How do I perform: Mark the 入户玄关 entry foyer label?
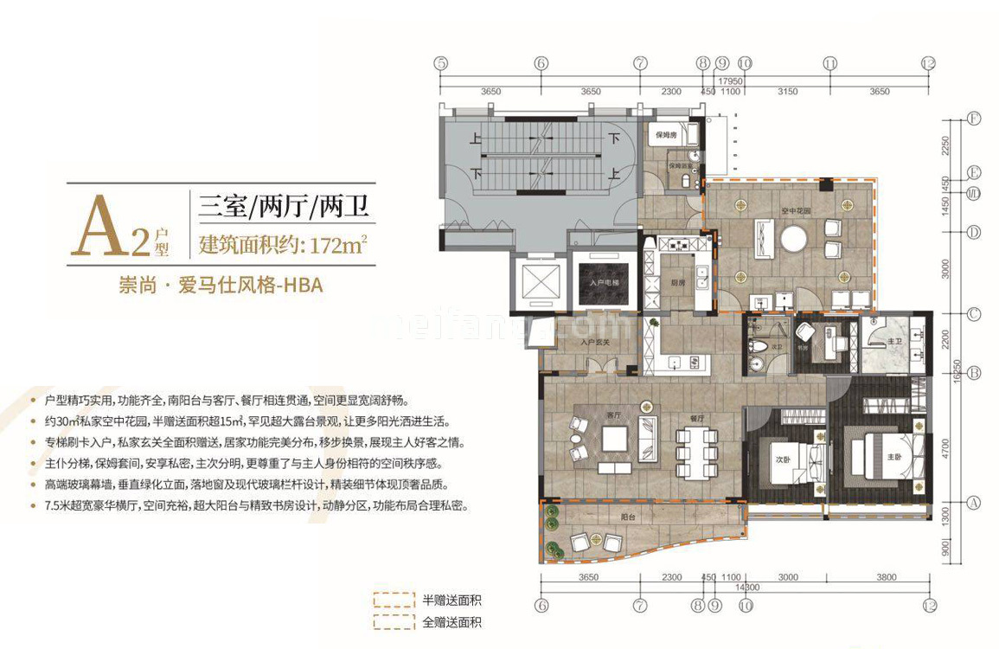pyautogui.click(x=595, y=342)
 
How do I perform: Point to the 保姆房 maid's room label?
pyautogui.click(x=665, y=136)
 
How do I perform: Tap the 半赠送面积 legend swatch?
pyautogui.click(x=390, y=600)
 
